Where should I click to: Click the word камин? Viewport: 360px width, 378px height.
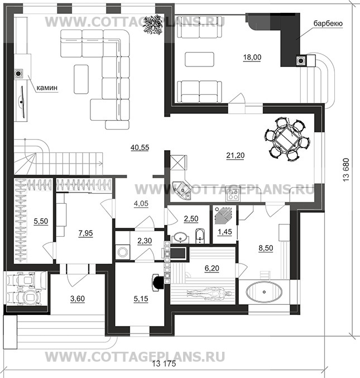click(x=50, y=88)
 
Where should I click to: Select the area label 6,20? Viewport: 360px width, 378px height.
click(x=212, y=269)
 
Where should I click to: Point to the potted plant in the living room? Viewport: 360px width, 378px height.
click(x=152, y=25)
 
